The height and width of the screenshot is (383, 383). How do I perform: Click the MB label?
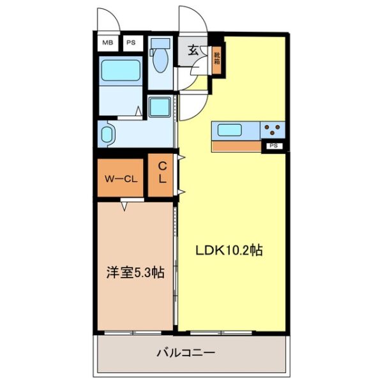107,43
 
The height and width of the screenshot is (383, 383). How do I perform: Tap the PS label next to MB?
130,43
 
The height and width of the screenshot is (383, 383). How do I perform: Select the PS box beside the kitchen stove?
273,146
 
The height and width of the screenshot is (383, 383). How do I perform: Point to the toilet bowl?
160,64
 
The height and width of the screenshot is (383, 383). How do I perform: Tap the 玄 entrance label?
192,50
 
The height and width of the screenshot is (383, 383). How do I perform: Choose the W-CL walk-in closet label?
121,179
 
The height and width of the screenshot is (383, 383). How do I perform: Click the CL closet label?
162,173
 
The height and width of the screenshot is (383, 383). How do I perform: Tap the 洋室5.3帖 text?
135,273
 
